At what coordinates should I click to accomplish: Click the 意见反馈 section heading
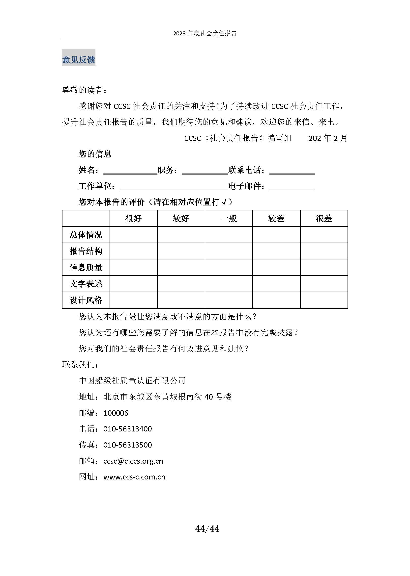tap(79, 60)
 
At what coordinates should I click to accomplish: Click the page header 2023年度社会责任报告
tap(205, 33)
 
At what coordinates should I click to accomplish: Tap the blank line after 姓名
tap(130, 171)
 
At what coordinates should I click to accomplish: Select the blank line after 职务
tap(205, 171)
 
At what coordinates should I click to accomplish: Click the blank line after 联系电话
tap(292, 171)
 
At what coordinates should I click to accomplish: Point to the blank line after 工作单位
tap(174, 187)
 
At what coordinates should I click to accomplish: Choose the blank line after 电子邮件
tap(292, 187)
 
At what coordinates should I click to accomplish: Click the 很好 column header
tap(134, 218)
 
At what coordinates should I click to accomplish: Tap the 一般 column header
tap(229, 218)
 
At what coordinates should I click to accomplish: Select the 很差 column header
tap(324, 218)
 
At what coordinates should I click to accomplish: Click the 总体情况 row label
tap(86, 235)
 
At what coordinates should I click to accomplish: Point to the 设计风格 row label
tap(86, 300)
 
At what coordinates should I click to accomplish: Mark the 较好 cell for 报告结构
tap(181, 251)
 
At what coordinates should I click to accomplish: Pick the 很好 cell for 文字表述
tap(134, 284)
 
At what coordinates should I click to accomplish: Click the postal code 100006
tap(116, 413)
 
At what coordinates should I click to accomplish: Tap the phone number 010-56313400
tap(127, 429)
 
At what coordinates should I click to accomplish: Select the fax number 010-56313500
tap(127, 445)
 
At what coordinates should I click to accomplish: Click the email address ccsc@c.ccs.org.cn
tap(133, 461)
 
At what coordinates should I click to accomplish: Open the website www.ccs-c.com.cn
tap(134, 477)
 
